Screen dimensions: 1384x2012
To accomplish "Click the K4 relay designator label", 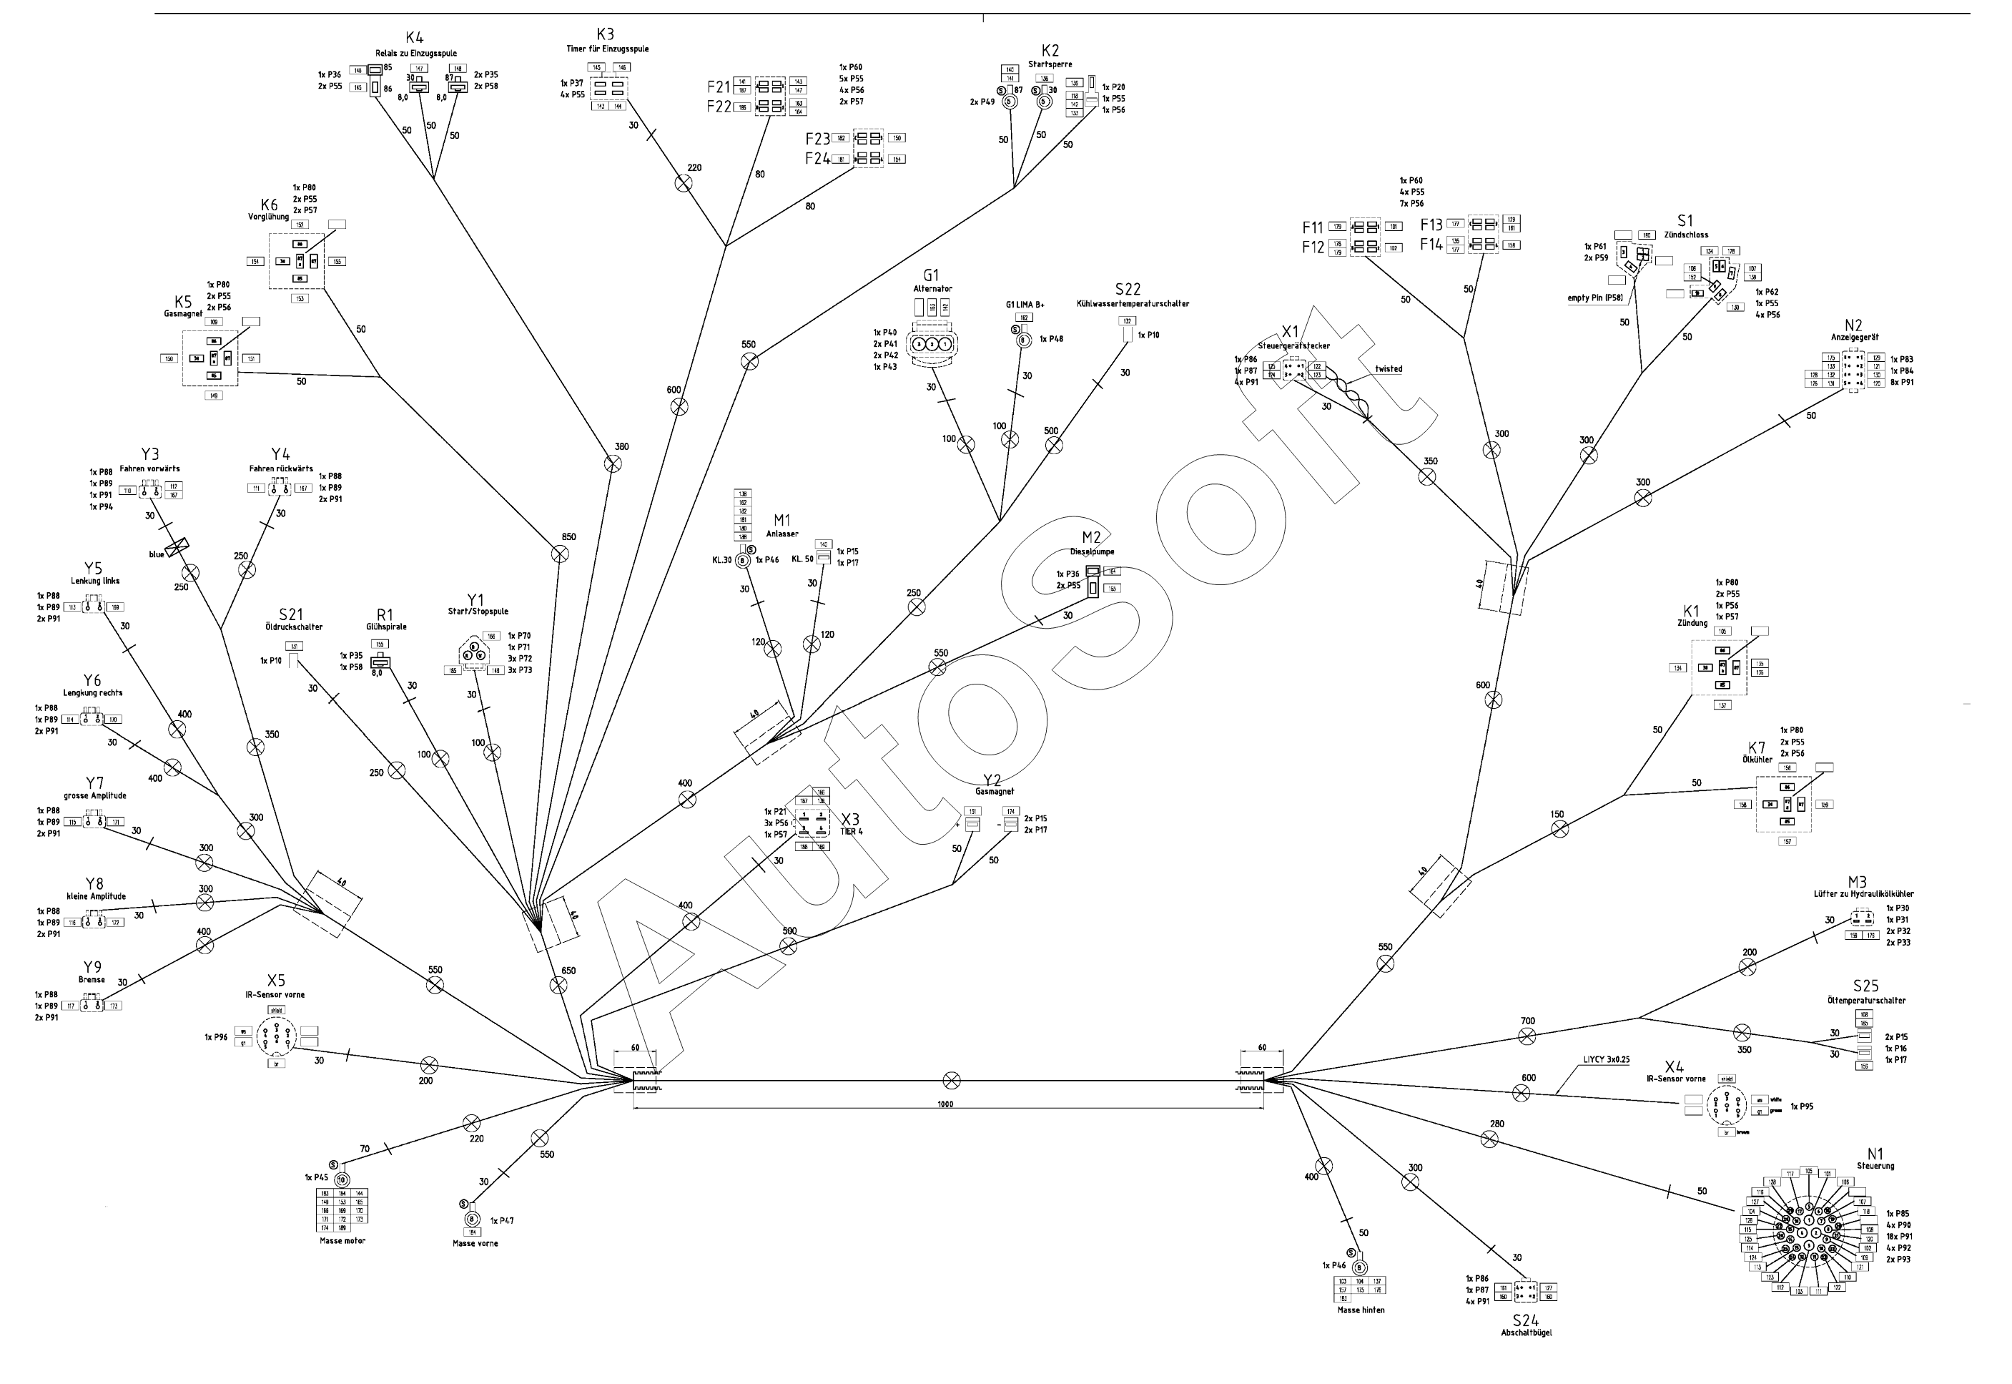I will click(x=415, y=37).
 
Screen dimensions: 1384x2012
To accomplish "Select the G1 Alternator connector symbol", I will click(x=932, y=343).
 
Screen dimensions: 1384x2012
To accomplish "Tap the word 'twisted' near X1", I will click(x=1388, y=368).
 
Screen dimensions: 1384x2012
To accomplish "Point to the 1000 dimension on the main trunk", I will click(x=945, y=1104).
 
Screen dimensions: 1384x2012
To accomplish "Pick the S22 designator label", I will click(x=1128, y=289).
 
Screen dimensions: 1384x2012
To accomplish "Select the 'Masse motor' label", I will click(x=342, y=1241).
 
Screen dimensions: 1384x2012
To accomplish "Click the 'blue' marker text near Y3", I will click(x=156, y=554).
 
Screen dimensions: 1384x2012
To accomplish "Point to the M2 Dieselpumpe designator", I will click(x=1091, y=538).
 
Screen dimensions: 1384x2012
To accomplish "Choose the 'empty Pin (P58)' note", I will click(x=1595, y=298).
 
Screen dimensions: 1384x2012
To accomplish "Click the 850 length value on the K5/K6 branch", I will click(x=568, y=536).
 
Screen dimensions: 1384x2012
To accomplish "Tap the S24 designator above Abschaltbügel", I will click(x=1525, y=1319).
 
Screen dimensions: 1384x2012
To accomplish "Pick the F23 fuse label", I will click(x=817, y=139).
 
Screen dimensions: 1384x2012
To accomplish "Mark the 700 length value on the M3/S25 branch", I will click(x=1527, y=1021).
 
